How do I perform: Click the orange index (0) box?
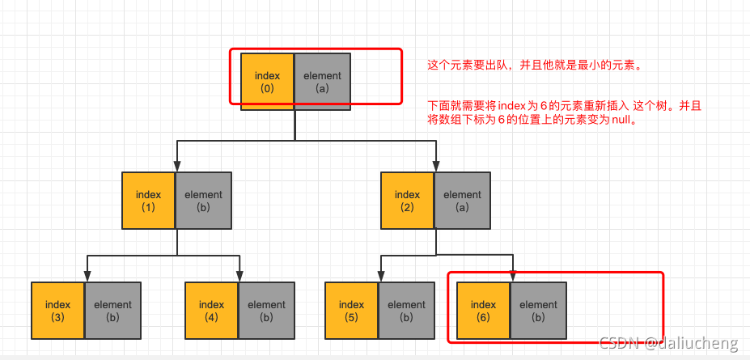267,82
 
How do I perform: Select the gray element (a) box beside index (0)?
322,82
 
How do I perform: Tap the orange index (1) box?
148,200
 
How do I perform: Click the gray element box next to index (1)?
203,200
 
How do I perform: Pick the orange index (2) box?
407,200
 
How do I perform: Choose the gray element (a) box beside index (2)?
462,200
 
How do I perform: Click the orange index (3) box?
57,310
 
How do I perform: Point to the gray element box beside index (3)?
112,310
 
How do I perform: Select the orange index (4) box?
211,310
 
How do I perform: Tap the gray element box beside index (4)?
266,310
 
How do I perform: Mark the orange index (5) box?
351,310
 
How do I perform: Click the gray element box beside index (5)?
406,310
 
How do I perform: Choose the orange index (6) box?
483,310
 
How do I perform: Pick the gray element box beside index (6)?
538,310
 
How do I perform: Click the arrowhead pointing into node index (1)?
177,167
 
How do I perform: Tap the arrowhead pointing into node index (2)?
436,167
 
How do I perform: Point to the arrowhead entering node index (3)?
87,277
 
